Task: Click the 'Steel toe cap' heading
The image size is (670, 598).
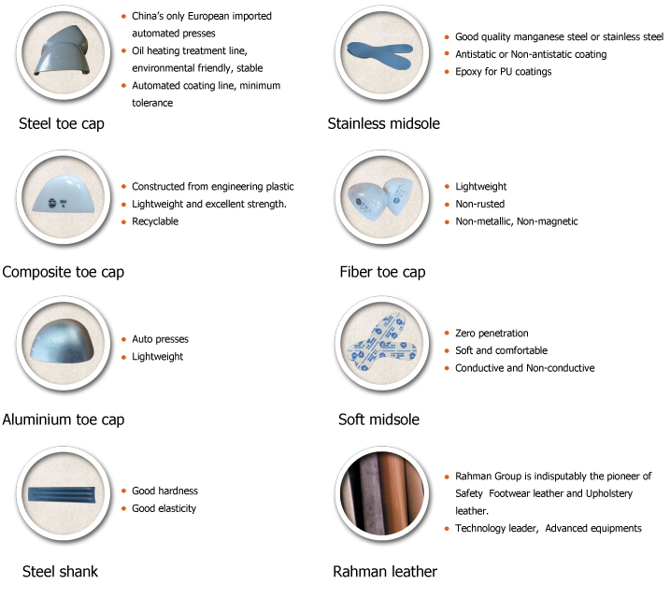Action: tap(62, 124)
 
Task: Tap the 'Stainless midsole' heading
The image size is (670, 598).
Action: tap(384, 123)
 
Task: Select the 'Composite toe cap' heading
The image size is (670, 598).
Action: tap(64, 272)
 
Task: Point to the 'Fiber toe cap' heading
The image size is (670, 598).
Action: tap(382, 272)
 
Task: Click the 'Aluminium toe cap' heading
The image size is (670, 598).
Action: tap(64, 420)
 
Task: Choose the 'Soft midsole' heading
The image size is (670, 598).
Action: tap(378, 420)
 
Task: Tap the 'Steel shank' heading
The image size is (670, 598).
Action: tap(60, 572)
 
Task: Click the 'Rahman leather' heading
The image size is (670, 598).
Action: tap(385, 572)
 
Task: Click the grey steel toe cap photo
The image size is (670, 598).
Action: tap(64, 50)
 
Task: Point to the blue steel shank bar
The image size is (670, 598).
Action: tap(62, 494)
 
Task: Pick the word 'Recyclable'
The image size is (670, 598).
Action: tap(155, 221)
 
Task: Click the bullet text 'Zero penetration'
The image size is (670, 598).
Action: tap(492, 334)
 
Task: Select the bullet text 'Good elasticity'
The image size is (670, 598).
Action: tap(164, 508)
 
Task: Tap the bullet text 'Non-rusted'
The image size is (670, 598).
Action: tap(480, 205)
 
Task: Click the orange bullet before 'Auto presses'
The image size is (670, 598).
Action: tap(123, 339)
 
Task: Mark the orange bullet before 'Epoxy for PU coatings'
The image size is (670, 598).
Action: tap(447, 72)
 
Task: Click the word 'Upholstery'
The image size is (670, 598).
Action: tap(609, 493)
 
